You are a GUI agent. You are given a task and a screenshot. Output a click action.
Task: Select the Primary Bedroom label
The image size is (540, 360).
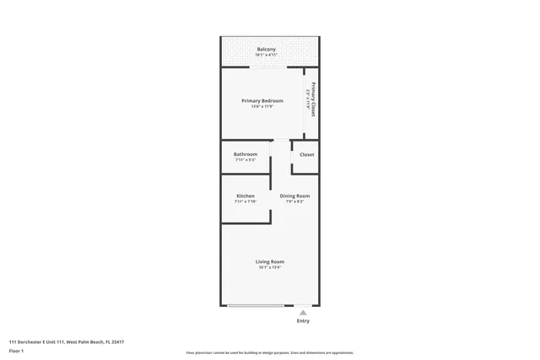pos(262,101)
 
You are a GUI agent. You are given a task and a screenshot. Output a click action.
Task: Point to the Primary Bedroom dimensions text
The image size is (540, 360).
pos(262,107)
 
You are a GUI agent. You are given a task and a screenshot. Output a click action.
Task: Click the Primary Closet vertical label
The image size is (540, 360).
pos(312,99)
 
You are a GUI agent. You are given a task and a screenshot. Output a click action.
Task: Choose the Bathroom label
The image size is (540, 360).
pos(246,154)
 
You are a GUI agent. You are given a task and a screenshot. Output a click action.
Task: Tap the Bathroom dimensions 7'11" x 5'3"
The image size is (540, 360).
pos(246,160)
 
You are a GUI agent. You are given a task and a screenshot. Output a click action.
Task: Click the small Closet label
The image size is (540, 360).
pos(306,155)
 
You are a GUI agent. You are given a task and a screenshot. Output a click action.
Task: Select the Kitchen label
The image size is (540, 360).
pos(245,196)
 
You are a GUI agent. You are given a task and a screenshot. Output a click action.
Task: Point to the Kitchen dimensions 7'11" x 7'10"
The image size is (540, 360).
pos(245,202)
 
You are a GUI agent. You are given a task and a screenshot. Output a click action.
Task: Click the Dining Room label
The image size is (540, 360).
pos(294,196)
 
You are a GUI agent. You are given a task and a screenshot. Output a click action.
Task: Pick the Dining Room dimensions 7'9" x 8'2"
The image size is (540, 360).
pos(294,202)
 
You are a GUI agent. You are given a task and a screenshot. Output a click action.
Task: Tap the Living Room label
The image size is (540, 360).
pos(270,261)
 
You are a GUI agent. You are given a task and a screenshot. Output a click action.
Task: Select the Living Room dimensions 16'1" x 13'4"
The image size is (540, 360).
pos(270,267)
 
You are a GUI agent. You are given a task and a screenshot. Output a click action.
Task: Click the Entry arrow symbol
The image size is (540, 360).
pos(303,312)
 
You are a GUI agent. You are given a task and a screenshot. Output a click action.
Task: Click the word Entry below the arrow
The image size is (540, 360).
pos(303,321)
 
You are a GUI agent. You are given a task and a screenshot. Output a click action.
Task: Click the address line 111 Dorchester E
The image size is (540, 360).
pos(66,341)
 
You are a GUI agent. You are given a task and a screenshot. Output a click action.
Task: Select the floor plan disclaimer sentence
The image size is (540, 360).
pos(270,352)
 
